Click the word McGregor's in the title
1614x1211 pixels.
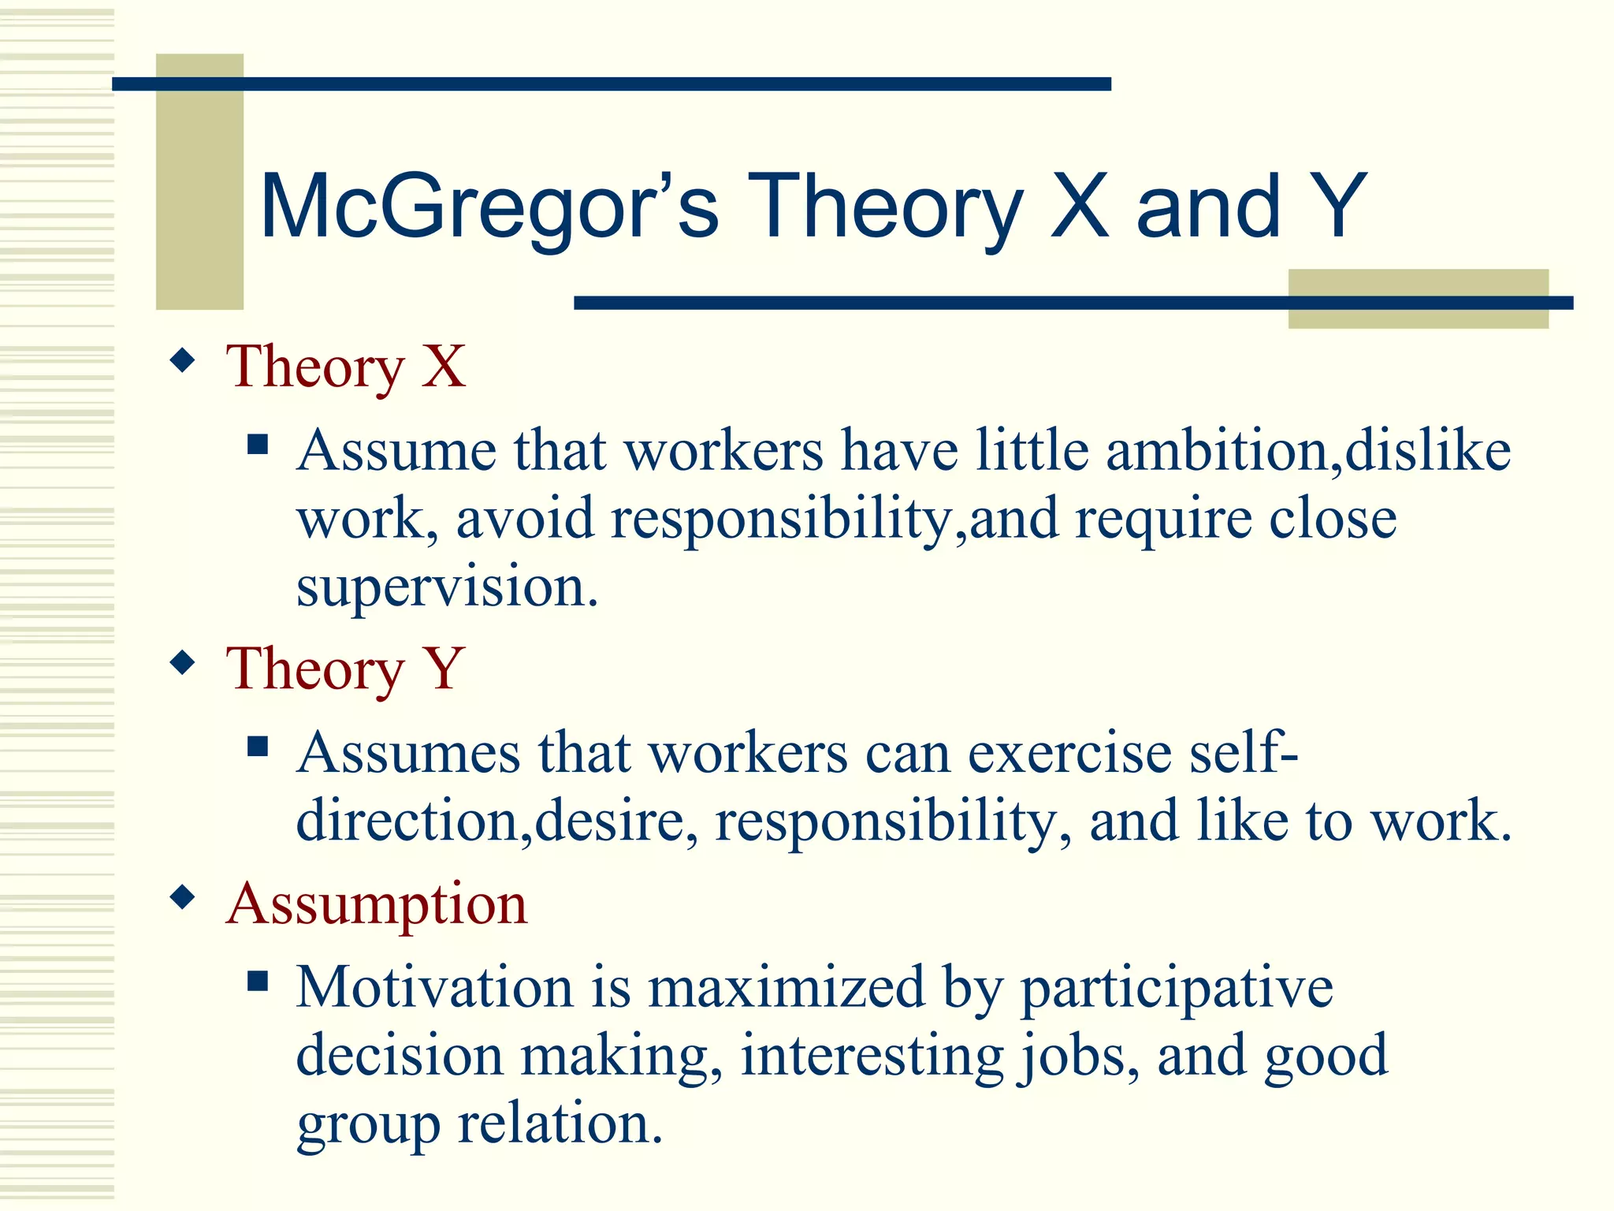(489, 207)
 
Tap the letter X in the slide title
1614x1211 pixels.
(1080, 207)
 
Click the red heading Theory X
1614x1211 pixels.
(345, 367)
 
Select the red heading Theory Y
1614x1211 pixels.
(344, 669)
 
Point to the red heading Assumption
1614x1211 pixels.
(376, 904)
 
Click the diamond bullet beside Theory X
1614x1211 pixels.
(183, 361)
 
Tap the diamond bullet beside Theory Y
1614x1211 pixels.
(183, 662)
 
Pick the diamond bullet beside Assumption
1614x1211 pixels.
(183, 897)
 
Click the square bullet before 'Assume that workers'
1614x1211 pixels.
(258, 445)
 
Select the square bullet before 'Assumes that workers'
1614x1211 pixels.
(258, 747)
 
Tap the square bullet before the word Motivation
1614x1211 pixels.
(258, 982)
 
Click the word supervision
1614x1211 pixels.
(447, 587)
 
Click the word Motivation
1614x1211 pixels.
(434, 987)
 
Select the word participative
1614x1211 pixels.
(1177, 989)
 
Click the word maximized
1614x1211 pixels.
(786, 987)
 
